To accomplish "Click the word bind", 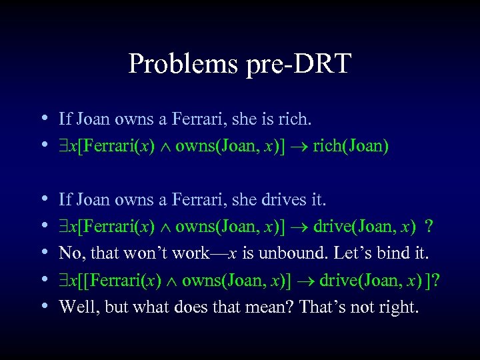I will coord(393,253).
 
